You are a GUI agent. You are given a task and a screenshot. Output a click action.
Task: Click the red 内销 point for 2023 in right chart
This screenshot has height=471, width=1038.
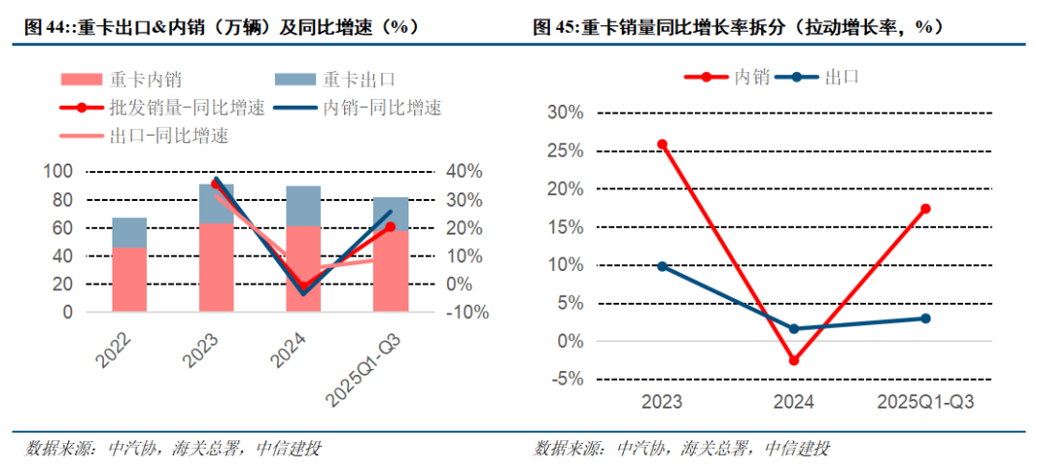[662, 144]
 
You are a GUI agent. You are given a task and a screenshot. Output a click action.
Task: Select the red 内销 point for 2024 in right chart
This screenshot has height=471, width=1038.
[794, 360]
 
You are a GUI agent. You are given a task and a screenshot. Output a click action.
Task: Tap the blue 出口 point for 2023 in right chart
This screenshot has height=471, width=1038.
[662, 266]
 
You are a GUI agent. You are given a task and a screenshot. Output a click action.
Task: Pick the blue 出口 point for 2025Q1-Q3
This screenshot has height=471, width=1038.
[926, 318]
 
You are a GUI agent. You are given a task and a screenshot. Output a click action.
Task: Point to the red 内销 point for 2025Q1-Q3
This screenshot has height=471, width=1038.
[926, 209]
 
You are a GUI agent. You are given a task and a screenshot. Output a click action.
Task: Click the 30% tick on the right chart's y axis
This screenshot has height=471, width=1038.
[565, 112]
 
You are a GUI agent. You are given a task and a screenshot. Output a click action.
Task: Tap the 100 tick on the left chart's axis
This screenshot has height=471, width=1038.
[59, 172]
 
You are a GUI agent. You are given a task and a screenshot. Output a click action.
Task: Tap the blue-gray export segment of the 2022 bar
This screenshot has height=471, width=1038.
[130, 233]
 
